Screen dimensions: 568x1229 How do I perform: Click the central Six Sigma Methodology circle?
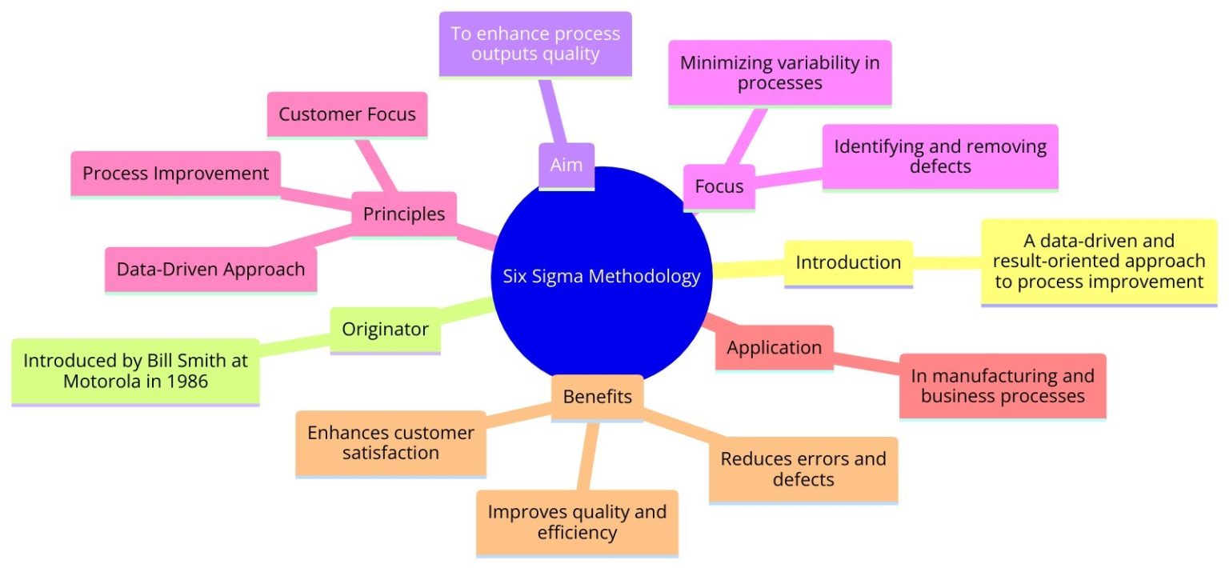point(602,276)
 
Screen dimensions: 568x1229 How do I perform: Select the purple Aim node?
point(566,166)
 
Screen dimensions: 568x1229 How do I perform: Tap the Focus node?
point(719,186)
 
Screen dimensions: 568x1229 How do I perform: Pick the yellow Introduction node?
point(848,262)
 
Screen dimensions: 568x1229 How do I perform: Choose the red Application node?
point(774,348)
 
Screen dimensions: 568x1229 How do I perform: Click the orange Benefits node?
point(597,396)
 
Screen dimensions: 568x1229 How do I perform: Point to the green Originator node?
point(385,329)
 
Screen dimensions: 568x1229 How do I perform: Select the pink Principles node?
point(404,214)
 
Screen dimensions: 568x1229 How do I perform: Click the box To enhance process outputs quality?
point(535,44)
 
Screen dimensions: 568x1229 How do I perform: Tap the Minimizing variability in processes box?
point(779,72)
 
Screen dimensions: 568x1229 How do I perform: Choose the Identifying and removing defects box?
point(940,156)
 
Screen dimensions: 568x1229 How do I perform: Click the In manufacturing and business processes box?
point(1003,386)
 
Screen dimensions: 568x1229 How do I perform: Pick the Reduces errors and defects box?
point(803,469)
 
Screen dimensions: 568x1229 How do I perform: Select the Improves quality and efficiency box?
point(577,522)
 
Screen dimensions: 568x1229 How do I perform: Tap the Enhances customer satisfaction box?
point(390,443)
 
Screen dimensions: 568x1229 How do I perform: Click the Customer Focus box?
point(347,114)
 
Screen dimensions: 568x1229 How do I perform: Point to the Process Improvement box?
point(176,173)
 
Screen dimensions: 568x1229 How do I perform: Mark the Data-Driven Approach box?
point(210,269)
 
